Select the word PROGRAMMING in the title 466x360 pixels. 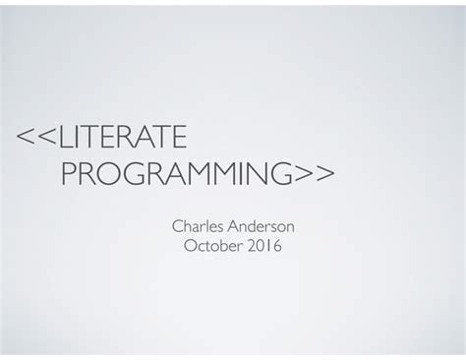coord(178,174)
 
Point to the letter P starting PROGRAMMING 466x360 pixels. coord(70,174)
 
